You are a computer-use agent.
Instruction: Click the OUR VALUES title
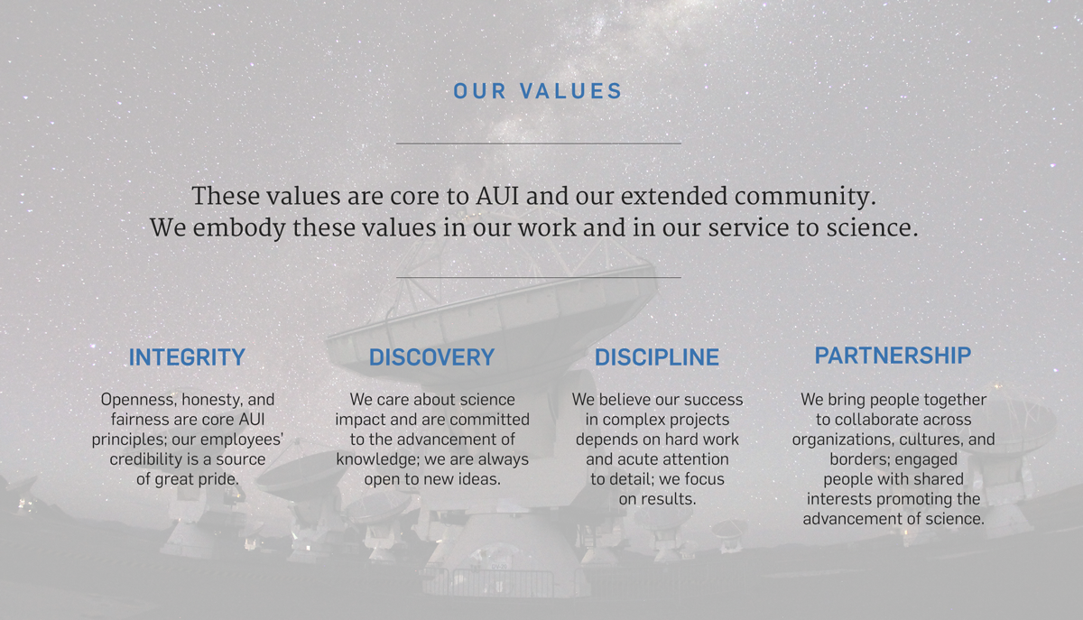pos(538,91)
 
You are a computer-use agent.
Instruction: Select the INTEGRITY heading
pos(187,357)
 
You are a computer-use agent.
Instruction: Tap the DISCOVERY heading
pos(431,357)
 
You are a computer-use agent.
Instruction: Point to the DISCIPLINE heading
pos(657,357)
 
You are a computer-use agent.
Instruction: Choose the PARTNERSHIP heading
pos(893,356)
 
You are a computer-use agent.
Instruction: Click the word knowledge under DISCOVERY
pos(375,459)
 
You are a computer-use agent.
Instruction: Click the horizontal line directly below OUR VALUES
pos(539,143)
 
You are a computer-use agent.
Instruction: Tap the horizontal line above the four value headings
pos(539,277)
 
